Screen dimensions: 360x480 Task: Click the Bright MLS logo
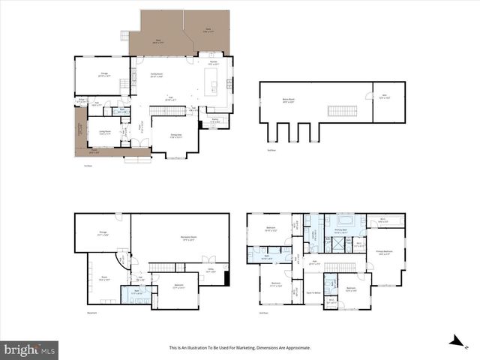coord(30,349)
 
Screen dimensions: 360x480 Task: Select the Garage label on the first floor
coord(103,74)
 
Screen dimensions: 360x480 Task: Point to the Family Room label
coord(157,74)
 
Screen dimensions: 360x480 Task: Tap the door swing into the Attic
coord(368,95)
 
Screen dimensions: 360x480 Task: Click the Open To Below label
coord(313,292)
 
